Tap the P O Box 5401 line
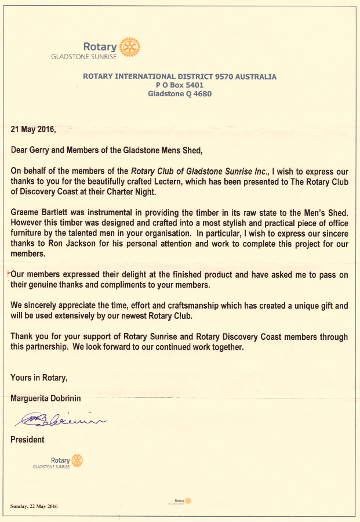click(179, 85)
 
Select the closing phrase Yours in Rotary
click(39, 378)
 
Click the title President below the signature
click(27, 440)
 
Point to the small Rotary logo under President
click(77, 461)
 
